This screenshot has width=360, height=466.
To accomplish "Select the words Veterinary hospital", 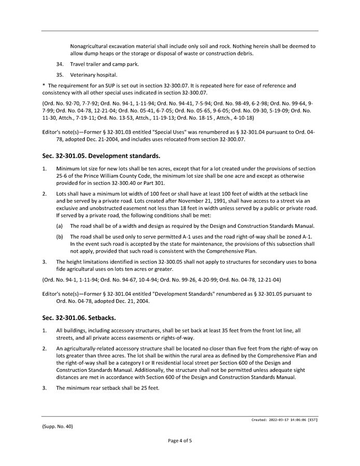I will point(91,75).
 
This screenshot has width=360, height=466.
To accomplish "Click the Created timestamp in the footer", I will point(281,420).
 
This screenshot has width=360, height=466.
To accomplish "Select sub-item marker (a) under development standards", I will point(60,226).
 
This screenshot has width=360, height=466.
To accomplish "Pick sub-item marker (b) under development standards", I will point(60,237).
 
